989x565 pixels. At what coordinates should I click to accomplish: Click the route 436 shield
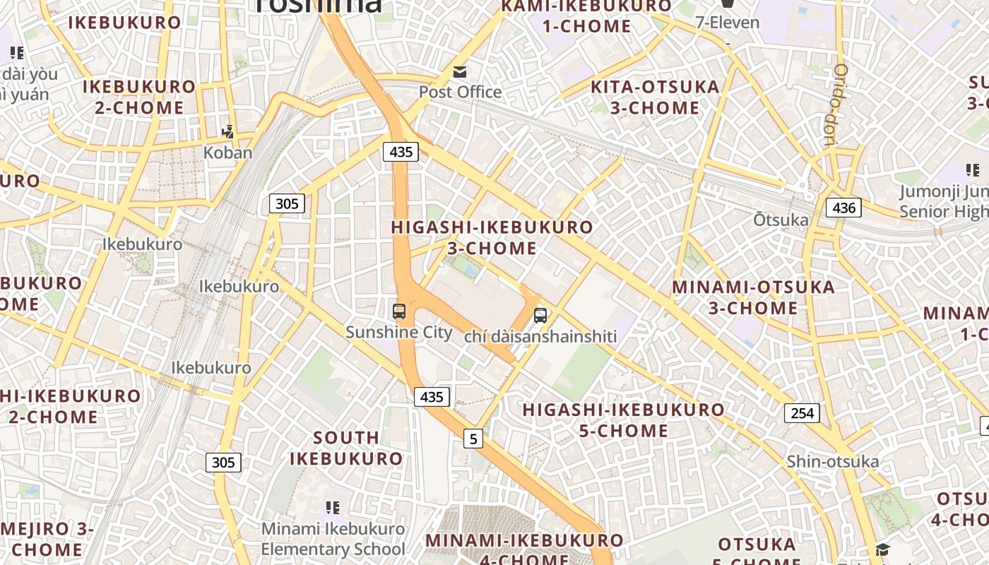tap(844, 208)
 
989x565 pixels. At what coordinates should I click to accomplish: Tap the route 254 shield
tap(803, 413)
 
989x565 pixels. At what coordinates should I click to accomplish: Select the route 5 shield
tap(473, 439)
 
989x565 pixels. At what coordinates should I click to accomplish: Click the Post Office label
tap(460, 92)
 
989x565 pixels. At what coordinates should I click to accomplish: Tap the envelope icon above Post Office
tap(460, 71)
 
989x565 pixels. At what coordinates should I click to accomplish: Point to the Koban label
tap(227, 153)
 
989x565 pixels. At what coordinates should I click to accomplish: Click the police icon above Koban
tap(227, 131)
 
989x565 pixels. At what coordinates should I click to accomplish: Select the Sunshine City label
tap(399, 332)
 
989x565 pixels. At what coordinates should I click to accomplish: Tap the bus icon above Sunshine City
tap(399, 311)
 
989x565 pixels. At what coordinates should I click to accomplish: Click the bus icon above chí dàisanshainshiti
tap(540, 316)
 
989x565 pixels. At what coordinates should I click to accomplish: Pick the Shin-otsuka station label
tap(833, 462)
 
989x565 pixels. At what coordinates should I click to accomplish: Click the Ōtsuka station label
tap(781, 220)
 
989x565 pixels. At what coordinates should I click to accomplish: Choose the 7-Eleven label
tap(728, 23)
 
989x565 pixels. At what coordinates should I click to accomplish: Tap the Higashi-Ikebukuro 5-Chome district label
tap(623, 420)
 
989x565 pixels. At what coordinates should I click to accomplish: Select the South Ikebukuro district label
tap(346, 448)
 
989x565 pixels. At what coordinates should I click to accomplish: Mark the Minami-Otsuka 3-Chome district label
tap(753, 297)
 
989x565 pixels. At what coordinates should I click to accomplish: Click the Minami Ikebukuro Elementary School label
tap(333, 539)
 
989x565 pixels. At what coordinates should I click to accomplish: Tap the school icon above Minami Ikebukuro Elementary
tap(333, 507)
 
